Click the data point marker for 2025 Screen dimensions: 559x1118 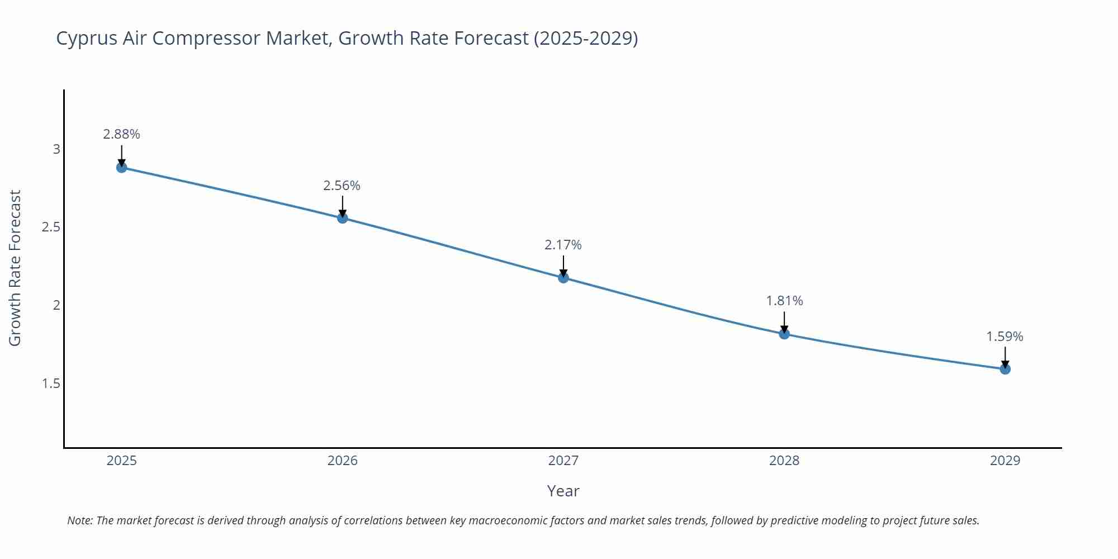[121, 167]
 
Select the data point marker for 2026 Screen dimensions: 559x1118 [343, 217]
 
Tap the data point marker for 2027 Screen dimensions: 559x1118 [563, 277]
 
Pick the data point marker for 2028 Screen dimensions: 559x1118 [784, 334]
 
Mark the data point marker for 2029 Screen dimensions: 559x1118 [1005, 369]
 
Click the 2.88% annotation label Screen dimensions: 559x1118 [121, 134]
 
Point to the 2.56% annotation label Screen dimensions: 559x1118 [342, 186]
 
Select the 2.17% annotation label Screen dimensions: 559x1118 [563, 245]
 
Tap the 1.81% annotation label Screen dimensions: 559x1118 [784, 301]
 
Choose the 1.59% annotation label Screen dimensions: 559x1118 [1005, 337]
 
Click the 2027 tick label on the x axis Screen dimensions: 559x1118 [563, 461]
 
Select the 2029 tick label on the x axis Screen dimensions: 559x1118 [1005, 461]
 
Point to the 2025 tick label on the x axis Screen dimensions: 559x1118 [121, 461]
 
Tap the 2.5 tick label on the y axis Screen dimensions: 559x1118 [51, 227]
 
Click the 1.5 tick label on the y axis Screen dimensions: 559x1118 [51, 383]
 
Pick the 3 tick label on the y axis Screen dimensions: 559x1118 [56, 149]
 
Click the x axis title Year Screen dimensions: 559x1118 [563, 491]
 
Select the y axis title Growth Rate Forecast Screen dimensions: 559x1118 [15, 268]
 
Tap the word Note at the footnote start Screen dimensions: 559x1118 [79, 520]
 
